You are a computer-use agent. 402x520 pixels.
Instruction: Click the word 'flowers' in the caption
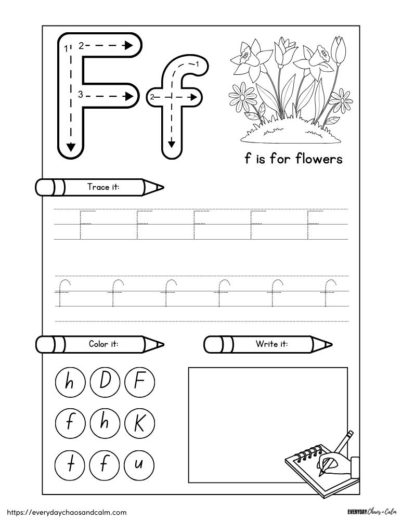[x=319, y=159]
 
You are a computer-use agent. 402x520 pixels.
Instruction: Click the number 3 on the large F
[x=81, y=94]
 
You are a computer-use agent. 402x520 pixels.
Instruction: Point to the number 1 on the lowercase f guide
[x=198, y=64]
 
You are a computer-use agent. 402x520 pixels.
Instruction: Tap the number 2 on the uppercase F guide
[x=81, y=46]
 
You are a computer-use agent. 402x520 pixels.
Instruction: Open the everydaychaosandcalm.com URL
[x=65, y=512]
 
